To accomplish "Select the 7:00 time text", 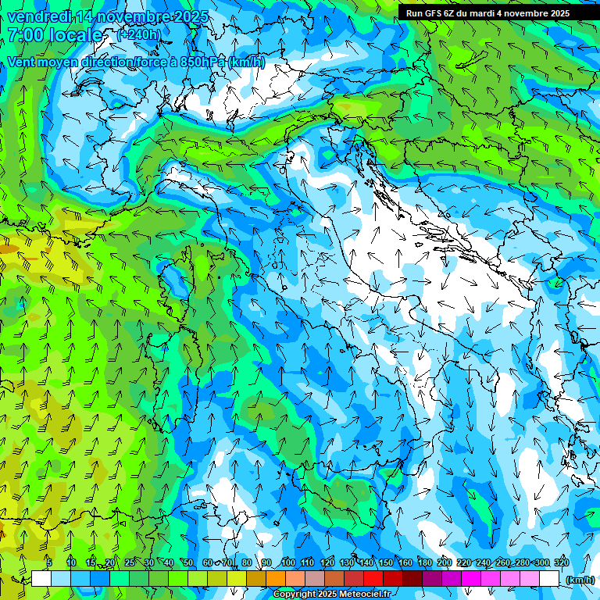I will pos(27,35).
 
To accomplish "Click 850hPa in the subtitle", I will pos(202,62).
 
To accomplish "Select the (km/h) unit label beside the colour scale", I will pos(580,580).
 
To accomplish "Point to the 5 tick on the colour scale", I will pos(49,562).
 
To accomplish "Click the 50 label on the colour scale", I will pos(188,562).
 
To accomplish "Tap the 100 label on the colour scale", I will pos(287,562).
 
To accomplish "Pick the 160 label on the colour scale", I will pos(405,562).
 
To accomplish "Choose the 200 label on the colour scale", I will pos(445,562).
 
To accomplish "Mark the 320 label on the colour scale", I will pos(561,562).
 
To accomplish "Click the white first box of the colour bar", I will pos(41,579).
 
